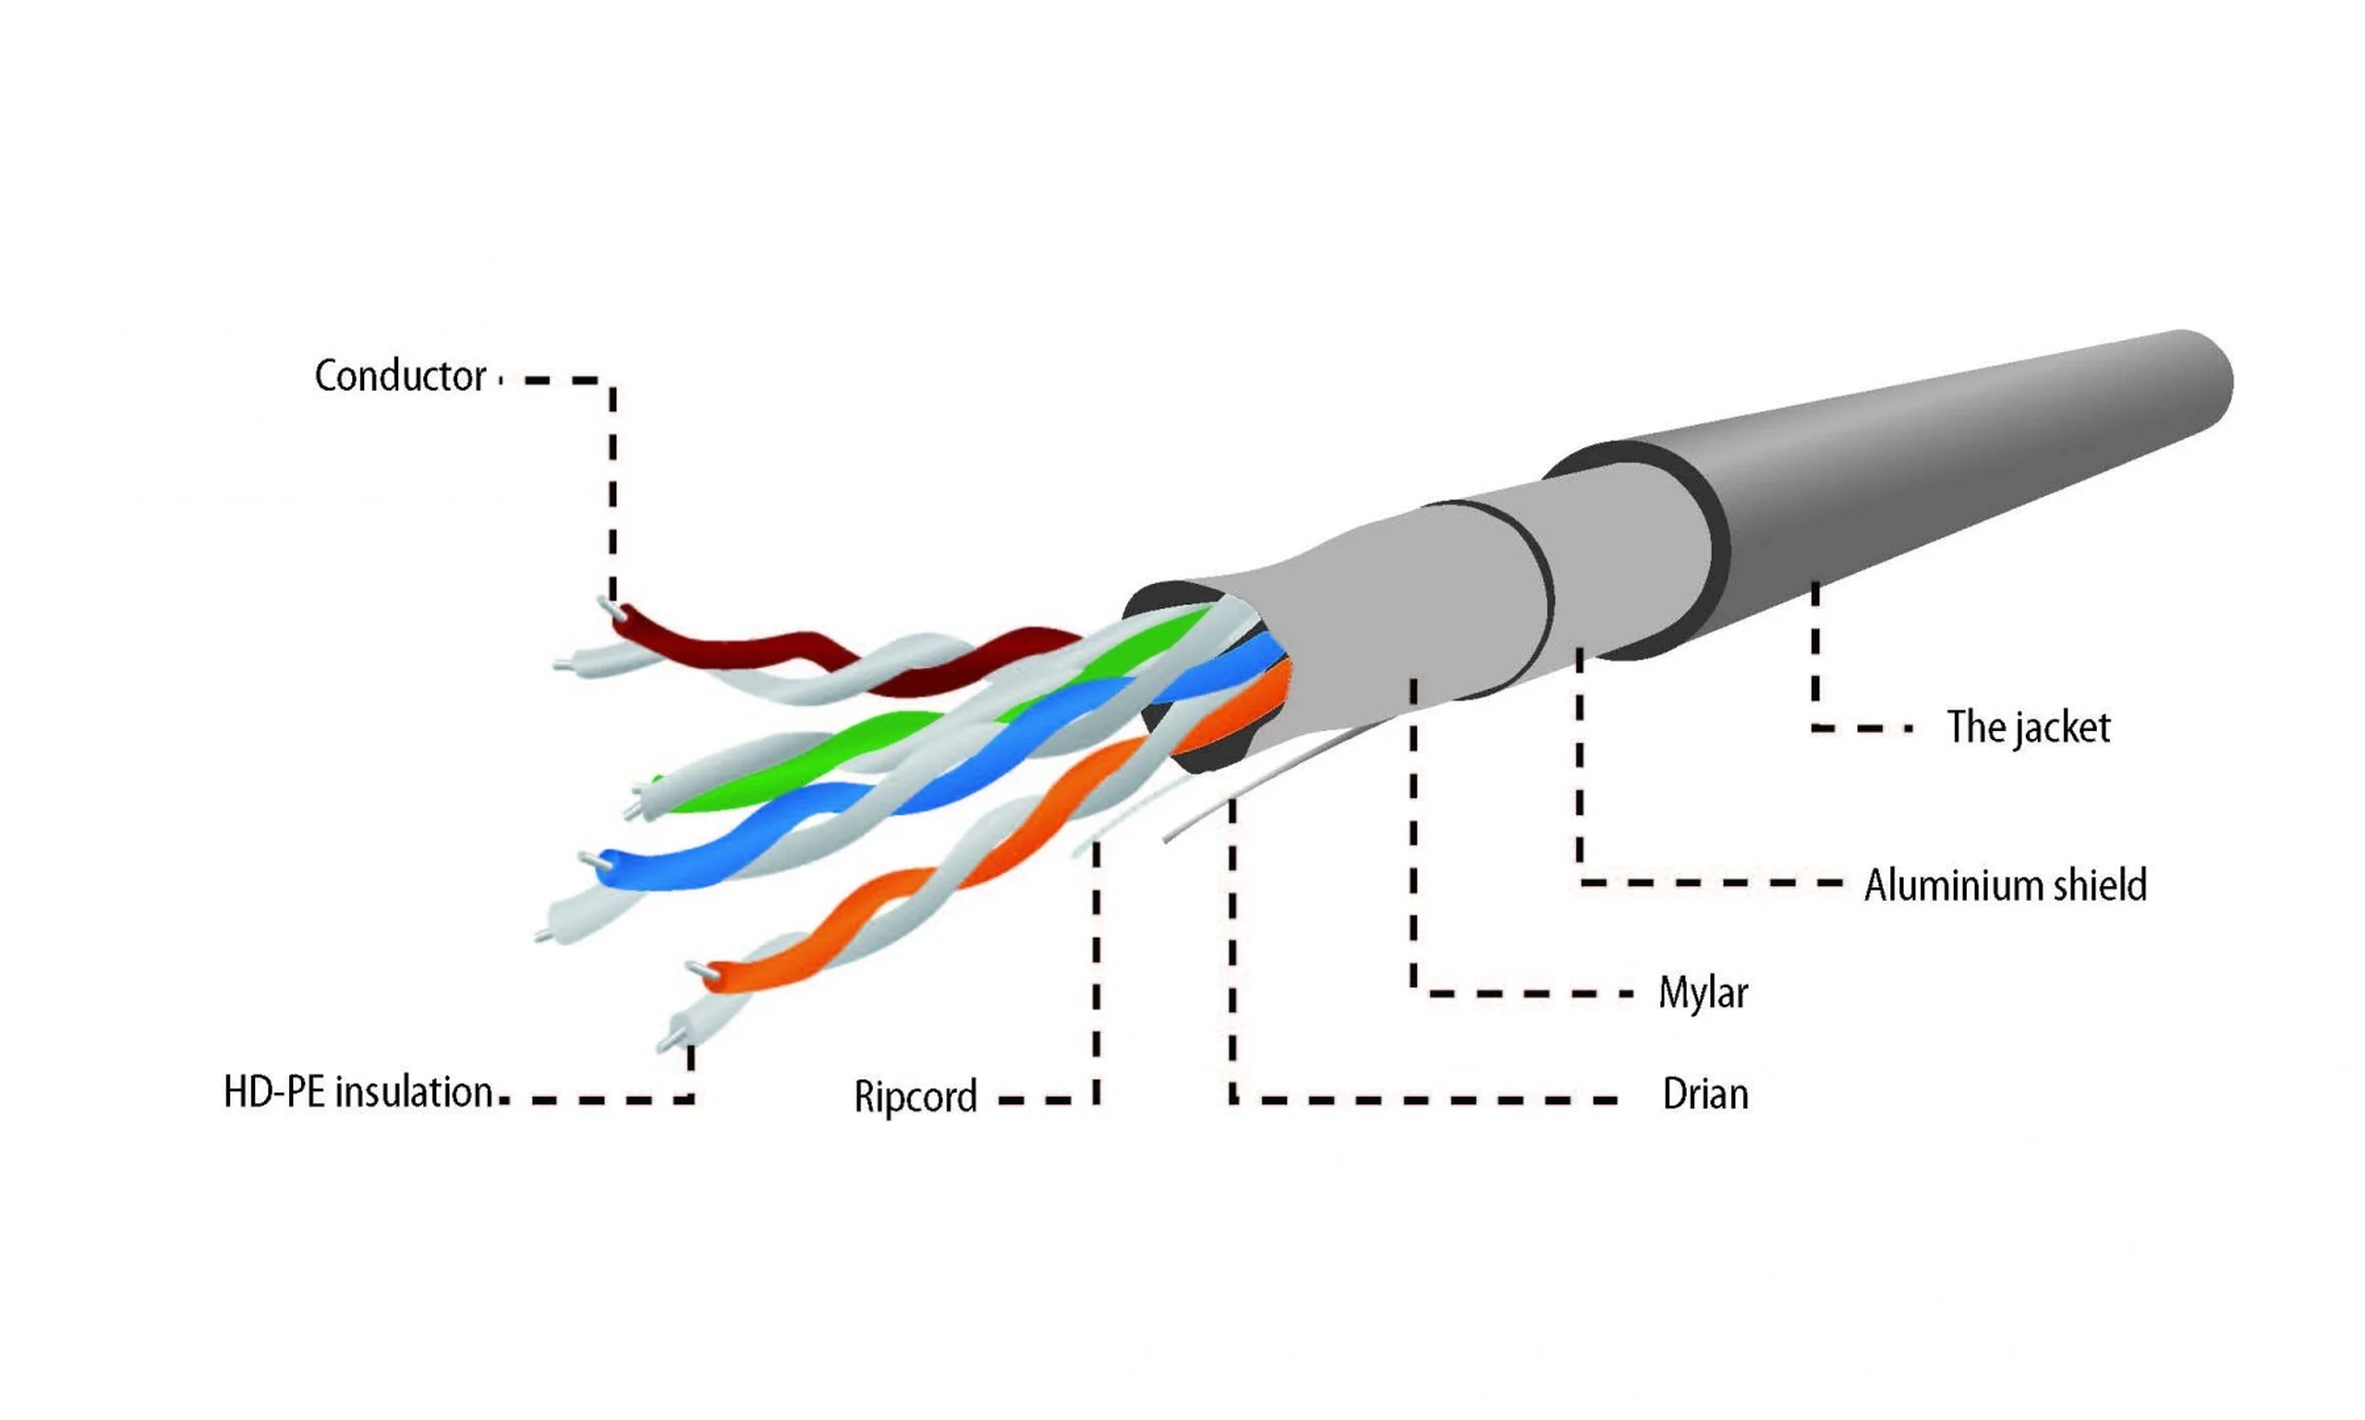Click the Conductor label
point(400,376)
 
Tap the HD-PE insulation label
point(358,1092)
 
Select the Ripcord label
point(916,1097)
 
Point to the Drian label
point(1705,1094)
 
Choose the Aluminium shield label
point(2006,885)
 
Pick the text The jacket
point(2028,727)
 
